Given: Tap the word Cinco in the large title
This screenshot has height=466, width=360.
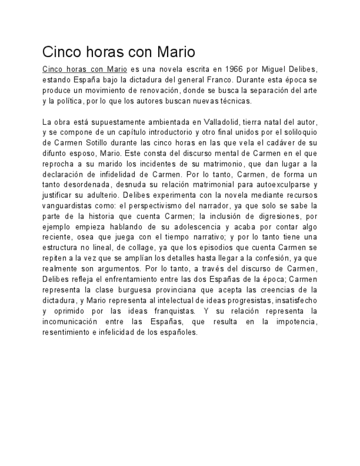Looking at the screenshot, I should click(61, 53).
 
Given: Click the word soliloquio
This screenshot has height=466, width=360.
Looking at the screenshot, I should click(297, 132).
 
